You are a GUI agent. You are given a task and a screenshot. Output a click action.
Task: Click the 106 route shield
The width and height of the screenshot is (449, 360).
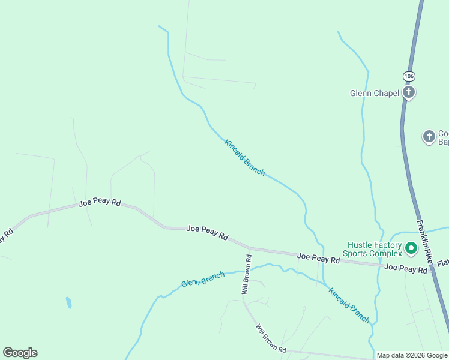coord(409,76)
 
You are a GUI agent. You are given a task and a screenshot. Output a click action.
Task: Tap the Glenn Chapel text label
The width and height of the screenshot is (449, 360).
coord(375,93)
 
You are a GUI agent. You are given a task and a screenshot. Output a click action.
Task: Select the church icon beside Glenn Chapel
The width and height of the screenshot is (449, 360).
coord(409,92)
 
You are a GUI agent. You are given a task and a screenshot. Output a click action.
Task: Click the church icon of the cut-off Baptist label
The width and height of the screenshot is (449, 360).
coord(429,137)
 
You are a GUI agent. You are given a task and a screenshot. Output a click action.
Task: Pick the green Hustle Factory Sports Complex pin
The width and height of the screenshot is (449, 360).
coord(411,247)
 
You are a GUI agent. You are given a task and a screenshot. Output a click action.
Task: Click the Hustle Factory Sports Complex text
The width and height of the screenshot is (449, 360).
coord(374,249)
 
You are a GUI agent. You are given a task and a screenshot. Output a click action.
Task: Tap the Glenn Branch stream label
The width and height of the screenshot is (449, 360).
coord(203,280)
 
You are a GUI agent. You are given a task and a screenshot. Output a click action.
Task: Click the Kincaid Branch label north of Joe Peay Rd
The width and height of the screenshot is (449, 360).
coord(244,157)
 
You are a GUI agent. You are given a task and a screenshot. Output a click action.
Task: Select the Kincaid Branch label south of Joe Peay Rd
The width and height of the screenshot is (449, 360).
coord(349,305)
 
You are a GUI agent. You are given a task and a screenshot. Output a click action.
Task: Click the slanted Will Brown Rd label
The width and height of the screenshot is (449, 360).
coord(271,340)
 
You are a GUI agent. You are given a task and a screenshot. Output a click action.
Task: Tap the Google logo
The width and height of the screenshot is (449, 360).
coord(20,353)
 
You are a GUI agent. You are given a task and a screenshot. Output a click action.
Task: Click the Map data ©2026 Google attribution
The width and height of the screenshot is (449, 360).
coord(412,356)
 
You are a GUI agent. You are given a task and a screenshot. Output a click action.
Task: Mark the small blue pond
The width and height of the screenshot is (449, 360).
coord(68,302)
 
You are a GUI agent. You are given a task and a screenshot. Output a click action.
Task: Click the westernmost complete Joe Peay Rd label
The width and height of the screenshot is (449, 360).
coord(100,203)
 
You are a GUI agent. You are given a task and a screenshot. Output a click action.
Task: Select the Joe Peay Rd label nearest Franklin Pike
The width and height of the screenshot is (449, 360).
coord(405,269)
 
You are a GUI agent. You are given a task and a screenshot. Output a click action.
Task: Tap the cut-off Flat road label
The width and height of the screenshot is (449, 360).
coord(442,263)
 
